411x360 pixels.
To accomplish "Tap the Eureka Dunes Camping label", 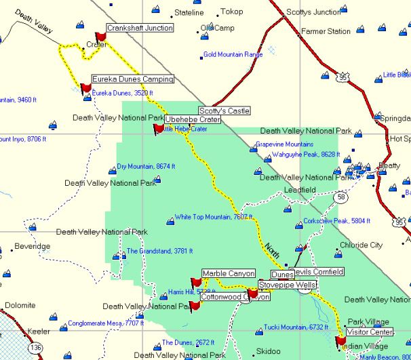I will [132, 79].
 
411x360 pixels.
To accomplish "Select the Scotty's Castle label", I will [219, 110].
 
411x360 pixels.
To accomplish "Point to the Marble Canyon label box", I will [228, 273].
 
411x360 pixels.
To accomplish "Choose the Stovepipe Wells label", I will [286, 285].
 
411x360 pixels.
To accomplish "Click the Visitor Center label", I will [370, 332].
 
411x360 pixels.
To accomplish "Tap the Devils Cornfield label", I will [317, 272].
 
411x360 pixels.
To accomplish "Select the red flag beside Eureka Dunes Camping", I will [85, 87].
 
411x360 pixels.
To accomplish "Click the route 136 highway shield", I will [35, 347].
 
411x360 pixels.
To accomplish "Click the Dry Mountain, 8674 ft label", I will [146, 166].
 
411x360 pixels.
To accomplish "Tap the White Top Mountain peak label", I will [208, 218].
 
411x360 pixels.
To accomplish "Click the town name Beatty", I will [389, 165].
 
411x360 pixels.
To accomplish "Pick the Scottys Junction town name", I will [313, 12].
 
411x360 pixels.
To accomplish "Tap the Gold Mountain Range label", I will [233, 54].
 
